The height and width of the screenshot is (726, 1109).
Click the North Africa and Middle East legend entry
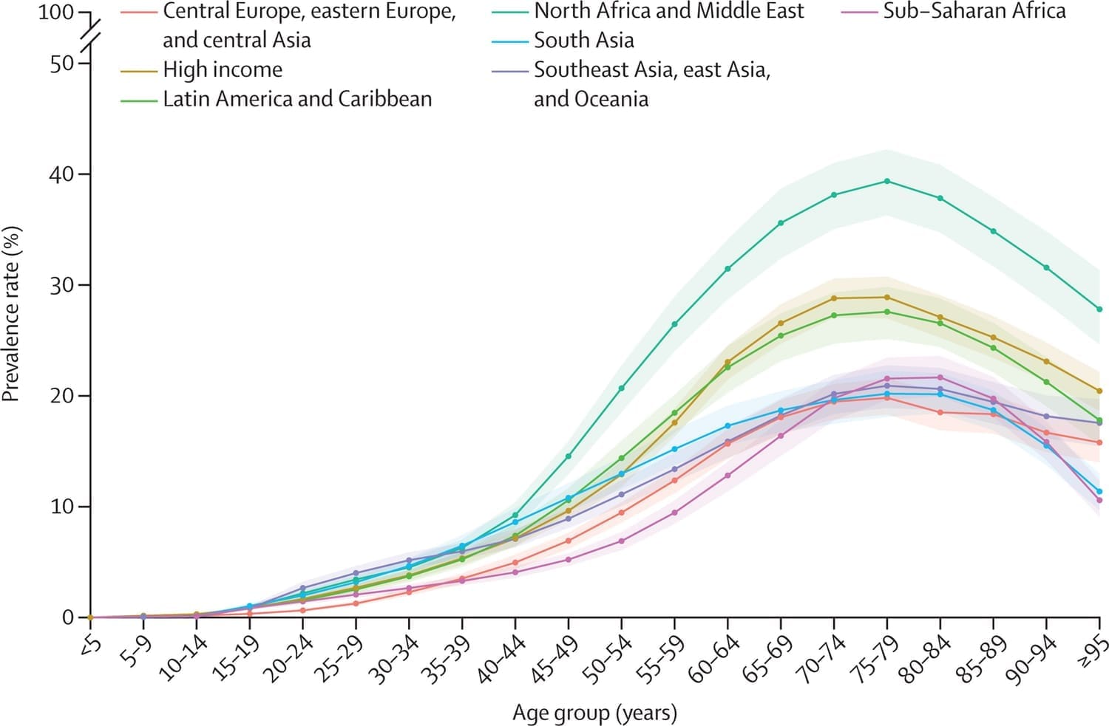668,11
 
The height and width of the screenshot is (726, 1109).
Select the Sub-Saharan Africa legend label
974,11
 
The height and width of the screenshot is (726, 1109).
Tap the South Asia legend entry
583,40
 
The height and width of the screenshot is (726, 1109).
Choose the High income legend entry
223,69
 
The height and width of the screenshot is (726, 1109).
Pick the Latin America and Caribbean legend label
297,99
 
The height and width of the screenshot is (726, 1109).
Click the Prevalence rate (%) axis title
11,314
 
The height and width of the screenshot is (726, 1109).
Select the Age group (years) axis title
594,713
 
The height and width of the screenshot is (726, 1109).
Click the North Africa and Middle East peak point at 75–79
887,181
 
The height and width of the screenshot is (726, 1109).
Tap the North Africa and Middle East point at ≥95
1099,309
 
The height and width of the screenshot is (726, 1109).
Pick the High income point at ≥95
1099,391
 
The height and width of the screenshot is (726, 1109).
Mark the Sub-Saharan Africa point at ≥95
1099,500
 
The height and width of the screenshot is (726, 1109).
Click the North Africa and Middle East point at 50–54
622,388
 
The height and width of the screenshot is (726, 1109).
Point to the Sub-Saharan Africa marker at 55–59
674,513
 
